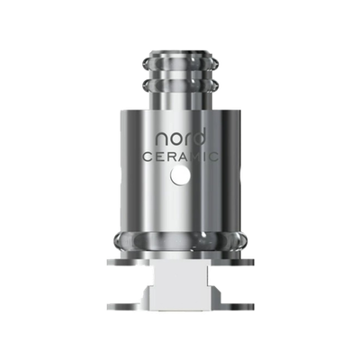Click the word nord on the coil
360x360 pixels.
pyautogui.click(x=179, y=139)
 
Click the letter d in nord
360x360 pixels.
pyautogui.click(x=200, y=139)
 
